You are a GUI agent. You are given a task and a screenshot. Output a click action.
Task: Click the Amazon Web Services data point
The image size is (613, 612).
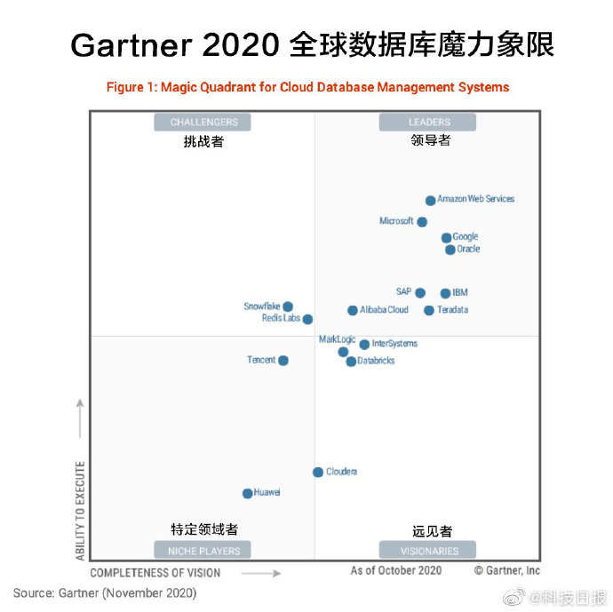(x=431, y=201)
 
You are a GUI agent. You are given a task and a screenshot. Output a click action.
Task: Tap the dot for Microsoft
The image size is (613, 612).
(x=422, y=222)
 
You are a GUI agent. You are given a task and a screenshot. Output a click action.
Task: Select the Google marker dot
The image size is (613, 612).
(x=447, y=238)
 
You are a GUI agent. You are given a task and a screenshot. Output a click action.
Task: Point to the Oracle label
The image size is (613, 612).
(x=468, y=250)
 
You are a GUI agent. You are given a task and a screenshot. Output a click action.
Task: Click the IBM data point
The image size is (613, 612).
(x=446, y=293)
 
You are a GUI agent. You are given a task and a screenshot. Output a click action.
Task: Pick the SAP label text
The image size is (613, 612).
(x=403, y=292)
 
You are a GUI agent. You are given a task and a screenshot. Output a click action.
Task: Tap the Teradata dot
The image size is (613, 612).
(x=429, y=311)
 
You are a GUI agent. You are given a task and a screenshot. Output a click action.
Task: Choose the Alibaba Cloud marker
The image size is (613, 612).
(x=353, y=311)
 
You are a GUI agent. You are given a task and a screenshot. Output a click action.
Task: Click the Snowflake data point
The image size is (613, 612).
(x=288, y=307)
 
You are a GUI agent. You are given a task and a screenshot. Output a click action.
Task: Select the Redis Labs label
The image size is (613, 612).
(x=281, y=318)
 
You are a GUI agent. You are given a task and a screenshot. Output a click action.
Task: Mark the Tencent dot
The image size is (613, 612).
(x=283, y=361)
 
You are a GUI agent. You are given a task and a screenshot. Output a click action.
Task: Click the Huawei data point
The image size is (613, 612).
(x=248, y=493)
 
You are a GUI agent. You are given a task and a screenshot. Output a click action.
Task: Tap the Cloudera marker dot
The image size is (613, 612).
(x=318, y=472)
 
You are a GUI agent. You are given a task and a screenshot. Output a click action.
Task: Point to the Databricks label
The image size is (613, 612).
(x=376, y=362)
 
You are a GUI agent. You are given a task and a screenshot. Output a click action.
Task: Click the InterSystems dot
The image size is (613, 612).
(x=364, y=345)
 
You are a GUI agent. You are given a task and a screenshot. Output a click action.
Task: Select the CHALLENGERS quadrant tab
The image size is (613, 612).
(x=203, y=122)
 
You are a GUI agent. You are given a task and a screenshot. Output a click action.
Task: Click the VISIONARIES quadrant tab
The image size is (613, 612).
(x=428, y=551)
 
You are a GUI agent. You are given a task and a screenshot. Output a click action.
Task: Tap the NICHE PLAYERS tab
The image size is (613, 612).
(x=203, y=551)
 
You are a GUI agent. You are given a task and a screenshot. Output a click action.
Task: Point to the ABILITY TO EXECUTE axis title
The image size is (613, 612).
(x=81, y=511)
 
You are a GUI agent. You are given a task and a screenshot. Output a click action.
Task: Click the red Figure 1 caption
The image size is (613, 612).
(x=307, y=87)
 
